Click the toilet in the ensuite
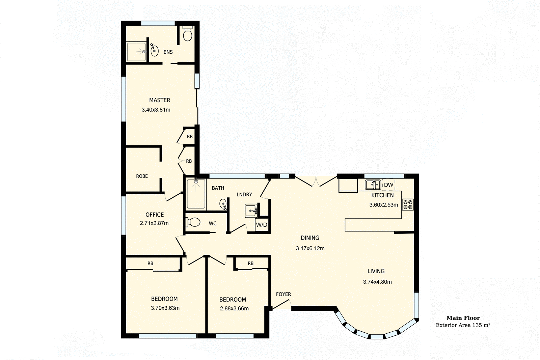pos(188,33)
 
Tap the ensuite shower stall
pos(136,52)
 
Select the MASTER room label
pos(160,100)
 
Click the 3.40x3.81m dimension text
pos(156,110)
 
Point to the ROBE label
pos(142,176)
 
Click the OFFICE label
pos(155,215)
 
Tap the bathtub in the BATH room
pos(196,194)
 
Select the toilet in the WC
pos(193,222)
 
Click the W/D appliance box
pos(262,225)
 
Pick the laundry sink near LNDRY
pos(251,211)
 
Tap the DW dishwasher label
pos(388,185)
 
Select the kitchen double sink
pos(373,185)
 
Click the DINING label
pos(310,238)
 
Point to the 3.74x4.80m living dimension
pos(377,282)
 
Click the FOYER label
pos(283,294)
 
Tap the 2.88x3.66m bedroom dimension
pos(234,308)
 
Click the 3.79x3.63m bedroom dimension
pos(165,308)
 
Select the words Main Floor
pos(463,318)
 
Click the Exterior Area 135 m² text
pos(463,325)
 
